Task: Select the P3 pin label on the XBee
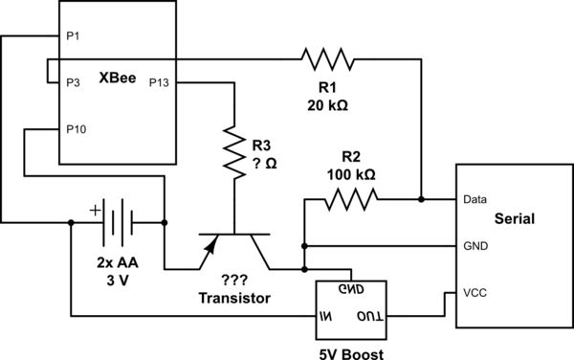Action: click(x=72, y=82)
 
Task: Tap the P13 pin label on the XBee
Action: click(x=159, y=82)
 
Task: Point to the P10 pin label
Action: click(x=76, y=128)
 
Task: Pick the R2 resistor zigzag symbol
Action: click(x=351, y=200)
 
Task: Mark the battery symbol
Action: click(x=116, y=223)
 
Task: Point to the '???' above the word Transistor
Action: click(x=234, y=280)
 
